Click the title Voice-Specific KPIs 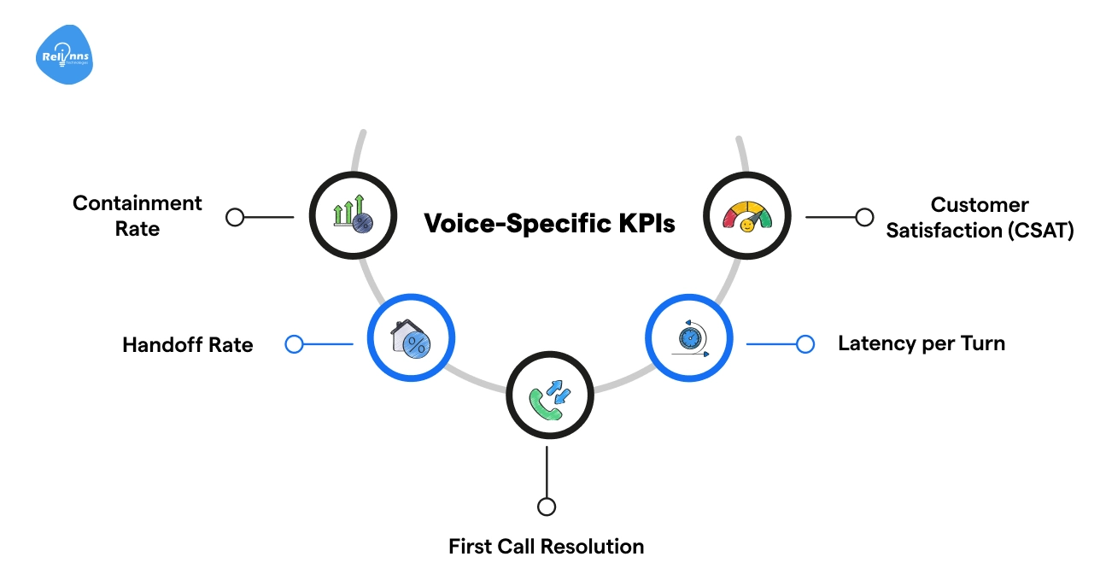click(549, 224)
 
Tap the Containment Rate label click(137, 216)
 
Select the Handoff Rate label click(188, 345)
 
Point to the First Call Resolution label click(546, 547)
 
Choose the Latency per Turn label click(922, 343)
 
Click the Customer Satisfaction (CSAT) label click(979, 218)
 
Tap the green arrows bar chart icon click(353, 217)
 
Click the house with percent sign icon click(411, 338)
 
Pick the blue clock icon click(688, 337)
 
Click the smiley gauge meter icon click(746, 217)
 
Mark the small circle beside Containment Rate click(235, 217)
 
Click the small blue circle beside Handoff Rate click(294, 344)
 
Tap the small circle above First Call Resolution click(547, 507)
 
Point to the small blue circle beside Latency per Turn click(805, 344)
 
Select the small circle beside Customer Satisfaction click(864, 217)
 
